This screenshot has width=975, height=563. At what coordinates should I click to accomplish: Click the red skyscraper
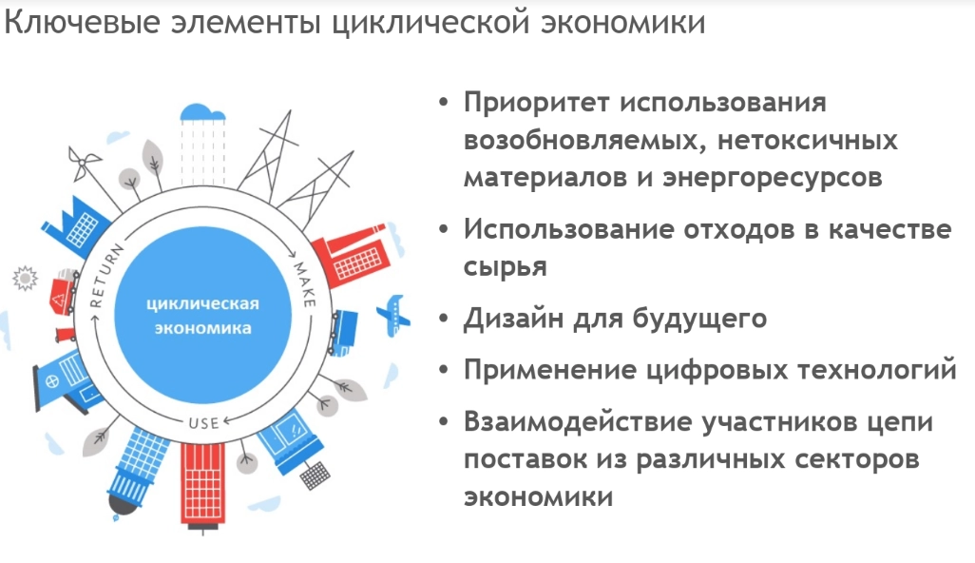202,484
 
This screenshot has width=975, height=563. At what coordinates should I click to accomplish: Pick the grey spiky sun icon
23,279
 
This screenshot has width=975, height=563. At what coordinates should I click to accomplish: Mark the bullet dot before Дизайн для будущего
444,319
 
